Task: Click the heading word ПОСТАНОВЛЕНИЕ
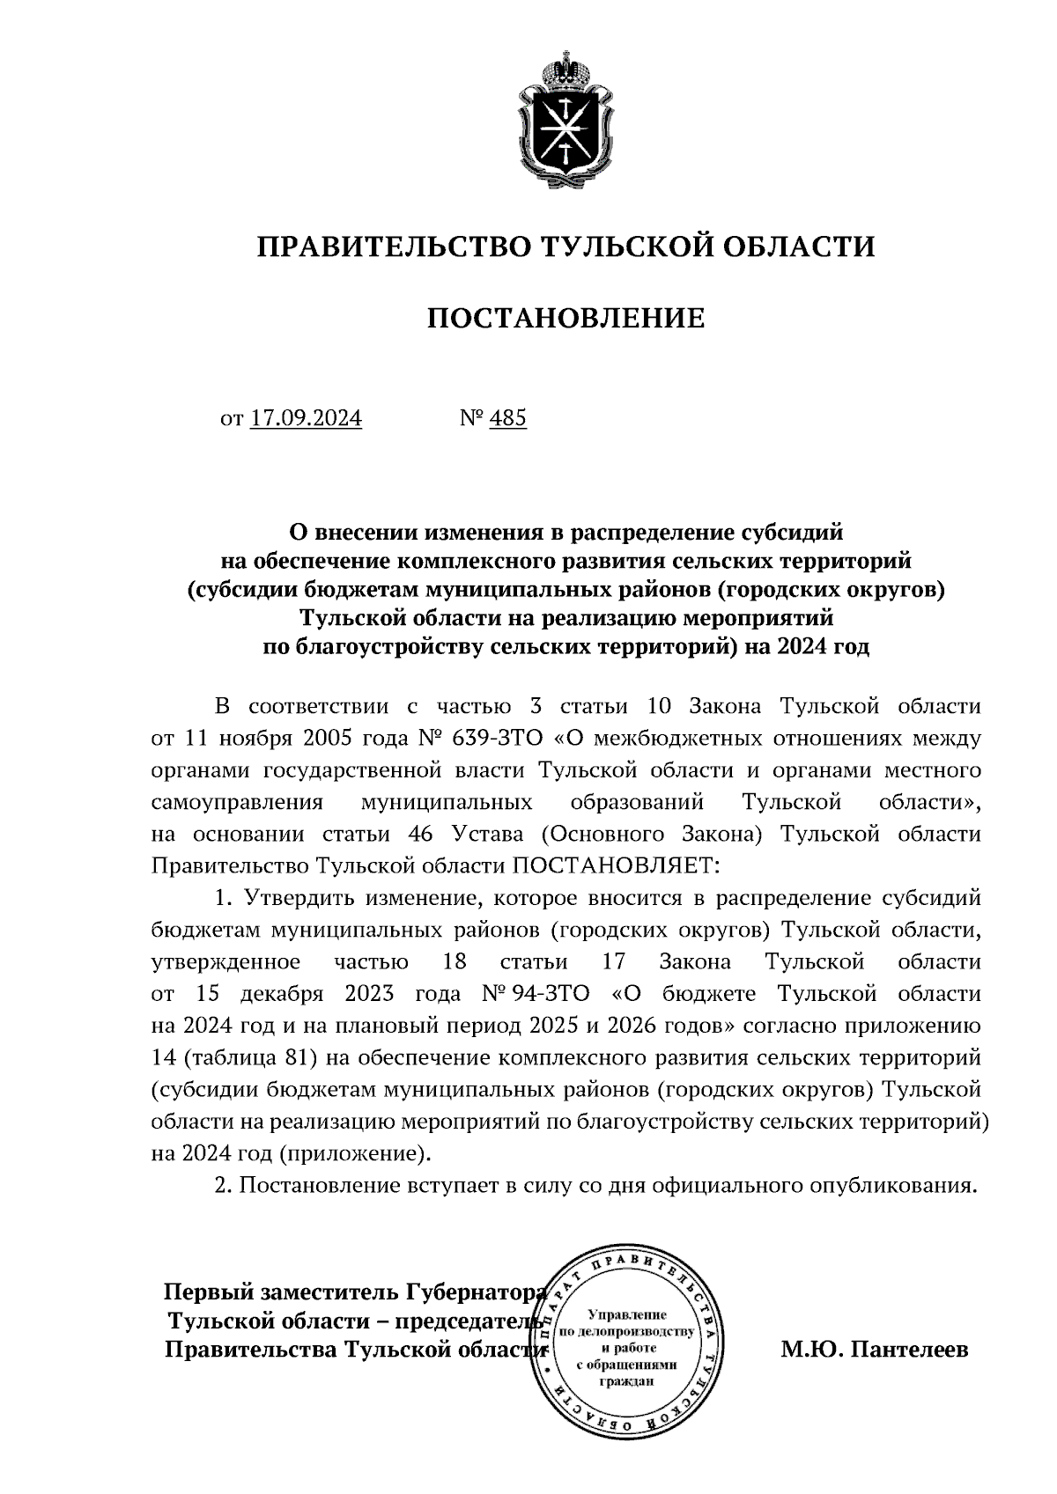(x=566, y=318)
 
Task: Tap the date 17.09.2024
(x=306, y=417)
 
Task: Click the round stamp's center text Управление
(x=627, y=1314)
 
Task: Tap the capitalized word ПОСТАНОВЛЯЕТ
(x=617, y=865)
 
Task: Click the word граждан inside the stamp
(x=626, y=1380)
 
